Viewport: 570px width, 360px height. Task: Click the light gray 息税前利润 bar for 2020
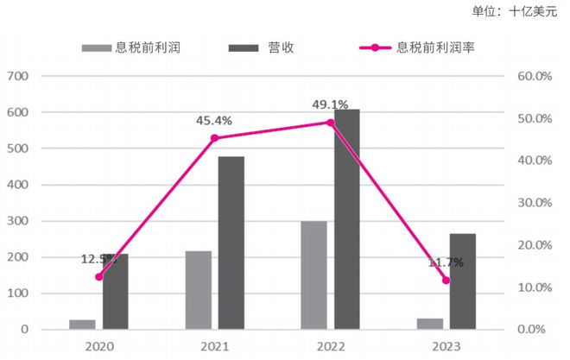tap(82, 325)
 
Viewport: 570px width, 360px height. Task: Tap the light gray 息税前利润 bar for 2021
tap(198, 290)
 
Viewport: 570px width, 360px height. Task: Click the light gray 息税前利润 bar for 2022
tap(313, 275)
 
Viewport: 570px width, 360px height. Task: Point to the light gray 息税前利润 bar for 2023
tap(429, 324)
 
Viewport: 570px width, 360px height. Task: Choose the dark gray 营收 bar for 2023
tap(462, 281)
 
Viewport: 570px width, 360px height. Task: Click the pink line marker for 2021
tap(214, 138)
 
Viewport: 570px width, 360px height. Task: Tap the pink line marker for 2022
tap(330, 123)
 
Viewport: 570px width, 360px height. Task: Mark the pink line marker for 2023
tap(446, 280)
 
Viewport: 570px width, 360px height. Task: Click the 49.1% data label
tap(329, 105)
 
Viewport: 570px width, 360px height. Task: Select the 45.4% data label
tap(214, 120)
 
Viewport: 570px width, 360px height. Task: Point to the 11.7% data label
tap(446, 262)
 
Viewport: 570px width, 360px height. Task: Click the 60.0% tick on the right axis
tap(533, 76)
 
